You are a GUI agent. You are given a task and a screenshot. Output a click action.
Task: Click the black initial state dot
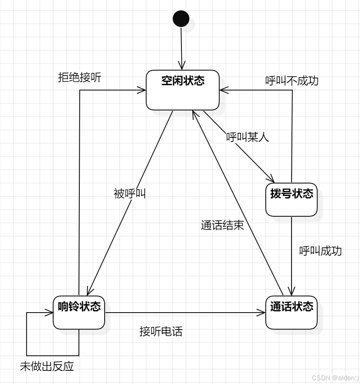(181, 19)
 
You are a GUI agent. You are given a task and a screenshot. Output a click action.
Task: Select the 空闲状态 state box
(183, 90)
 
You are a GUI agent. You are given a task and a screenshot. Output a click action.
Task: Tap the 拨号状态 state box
(291, 200)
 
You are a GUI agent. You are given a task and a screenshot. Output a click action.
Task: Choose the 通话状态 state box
(291, 313)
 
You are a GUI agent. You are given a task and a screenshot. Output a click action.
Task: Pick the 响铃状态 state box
(79, 312)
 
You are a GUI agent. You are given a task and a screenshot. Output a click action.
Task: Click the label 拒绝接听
(79, 78)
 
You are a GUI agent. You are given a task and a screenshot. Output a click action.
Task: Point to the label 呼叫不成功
(292, 81)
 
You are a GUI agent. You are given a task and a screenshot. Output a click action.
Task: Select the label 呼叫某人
(247, 137)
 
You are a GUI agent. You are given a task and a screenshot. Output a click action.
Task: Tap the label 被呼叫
(130, 193)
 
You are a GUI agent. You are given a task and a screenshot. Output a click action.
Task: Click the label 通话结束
(222, 225)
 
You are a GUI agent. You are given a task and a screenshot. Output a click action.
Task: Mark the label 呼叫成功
(321, 251)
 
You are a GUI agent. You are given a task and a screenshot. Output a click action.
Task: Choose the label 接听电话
(161, 331)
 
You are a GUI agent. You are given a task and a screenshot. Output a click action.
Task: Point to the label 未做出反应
(47, 366)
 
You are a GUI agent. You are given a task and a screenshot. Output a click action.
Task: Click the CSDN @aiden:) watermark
(335, 378)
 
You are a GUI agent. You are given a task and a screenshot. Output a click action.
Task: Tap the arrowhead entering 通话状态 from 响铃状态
(262, 313)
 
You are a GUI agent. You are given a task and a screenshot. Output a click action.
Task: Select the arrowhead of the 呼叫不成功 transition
(223, 90)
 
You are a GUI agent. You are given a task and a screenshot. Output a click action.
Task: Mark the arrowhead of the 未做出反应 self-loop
(50, 313)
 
